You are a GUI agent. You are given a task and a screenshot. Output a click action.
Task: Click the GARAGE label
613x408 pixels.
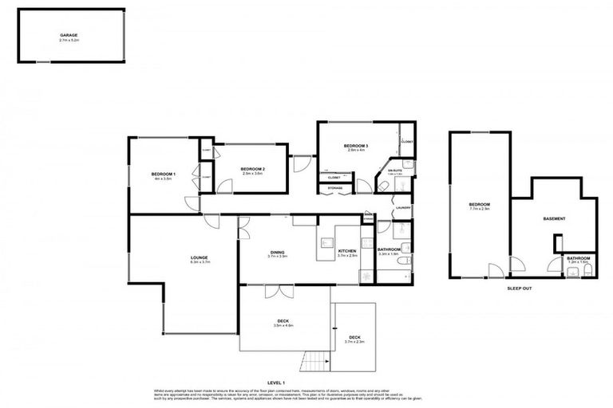pos(72,36)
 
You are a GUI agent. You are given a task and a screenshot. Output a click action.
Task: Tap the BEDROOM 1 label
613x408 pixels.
pos(163,174)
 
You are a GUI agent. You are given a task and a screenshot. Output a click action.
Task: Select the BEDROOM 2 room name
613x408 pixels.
pos(252,169)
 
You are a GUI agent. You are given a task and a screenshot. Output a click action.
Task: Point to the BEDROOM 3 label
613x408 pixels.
pos(355,146)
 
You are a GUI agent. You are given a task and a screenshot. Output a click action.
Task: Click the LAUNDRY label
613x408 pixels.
pos(402,209)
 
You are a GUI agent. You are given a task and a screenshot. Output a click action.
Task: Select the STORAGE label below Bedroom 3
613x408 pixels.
pos(335,189)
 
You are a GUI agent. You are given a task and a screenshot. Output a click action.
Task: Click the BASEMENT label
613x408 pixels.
pos(554,218)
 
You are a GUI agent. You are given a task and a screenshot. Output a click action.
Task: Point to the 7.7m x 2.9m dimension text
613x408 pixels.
pos(480,210)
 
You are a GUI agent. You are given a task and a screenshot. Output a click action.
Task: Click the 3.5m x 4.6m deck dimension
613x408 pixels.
pos(284,325)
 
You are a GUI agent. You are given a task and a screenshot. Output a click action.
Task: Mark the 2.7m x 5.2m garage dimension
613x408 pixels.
pos(72,41)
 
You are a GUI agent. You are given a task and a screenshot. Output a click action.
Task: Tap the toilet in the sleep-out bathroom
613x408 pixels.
pos(588,271)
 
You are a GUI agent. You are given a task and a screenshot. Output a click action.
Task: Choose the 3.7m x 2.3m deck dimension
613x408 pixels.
pos(354,342)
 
